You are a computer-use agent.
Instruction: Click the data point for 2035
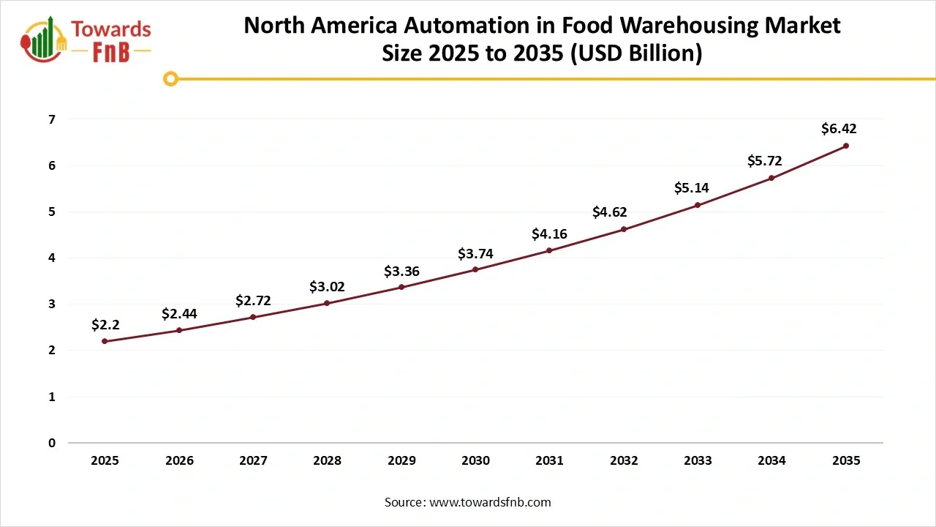[845, 146]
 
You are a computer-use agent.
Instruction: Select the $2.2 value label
[105, 324]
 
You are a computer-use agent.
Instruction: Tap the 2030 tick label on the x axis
[475, 461]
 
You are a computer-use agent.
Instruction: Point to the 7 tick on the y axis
[51, 119]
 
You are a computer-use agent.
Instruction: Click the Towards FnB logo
[86, 40]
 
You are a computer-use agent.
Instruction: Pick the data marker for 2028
[327, 303]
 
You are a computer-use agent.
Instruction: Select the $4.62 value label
[609, 212]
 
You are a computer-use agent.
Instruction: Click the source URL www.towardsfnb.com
[490, 502]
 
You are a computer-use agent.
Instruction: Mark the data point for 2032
[624, 229]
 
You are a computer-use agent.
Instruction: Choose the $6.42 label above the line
[839, 129]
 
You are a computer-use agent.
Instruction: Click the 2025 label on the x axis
[105, 461]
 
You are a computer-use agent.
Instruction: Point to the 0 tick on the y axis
[51, 443]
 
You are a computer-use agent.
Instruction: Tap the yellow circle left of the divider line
[170, 78]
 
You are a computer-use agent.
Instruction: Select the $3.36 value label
[401, 272]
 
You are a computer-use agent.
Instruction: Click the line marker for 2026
[179, 330]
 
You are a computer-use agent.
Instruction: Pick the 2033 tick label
[698, 461]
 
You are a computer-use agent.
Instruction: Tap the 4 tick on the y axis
[51, 258]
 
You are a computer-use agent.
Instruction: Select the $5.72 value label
[765, 161]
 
